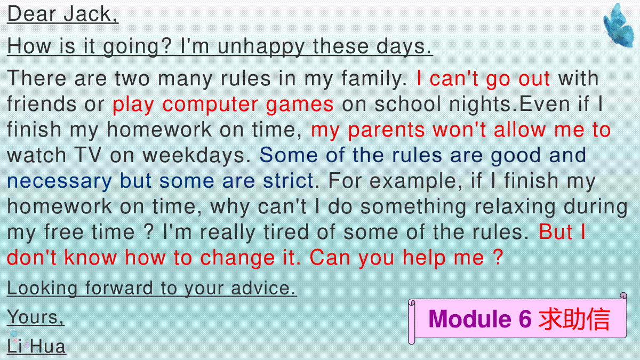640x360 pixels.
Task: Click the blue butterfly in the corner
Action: pos(619,25)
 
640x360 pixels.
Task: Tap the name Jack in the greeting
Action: pos(90,14)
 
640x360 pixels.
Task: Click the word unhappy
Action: pos(261,47)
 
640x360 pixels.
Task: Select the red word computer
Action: pos(210,105)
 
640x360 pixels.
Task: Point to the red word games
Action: pos(300,105)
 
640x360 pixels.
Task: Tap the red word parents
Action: pos(386,130)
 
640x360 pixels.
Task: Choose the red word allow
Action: pos(520,130)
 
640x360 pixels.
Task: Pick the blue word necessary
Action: pos(59,182)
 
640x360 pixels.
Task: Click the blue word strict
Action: pos(289,181)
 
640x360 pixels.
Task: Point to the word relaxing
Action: pos(515,207)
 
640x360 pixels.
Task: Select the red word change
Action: pos(237,258)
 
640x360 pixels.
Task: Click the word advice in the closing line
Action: pos(263,288)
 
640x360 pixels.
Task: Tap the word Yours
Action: pos(35,317)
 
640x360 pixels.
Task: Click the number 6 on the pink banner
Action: pos(525,319)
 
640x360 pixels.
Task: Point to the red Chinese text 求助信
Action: pos(574,319)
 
